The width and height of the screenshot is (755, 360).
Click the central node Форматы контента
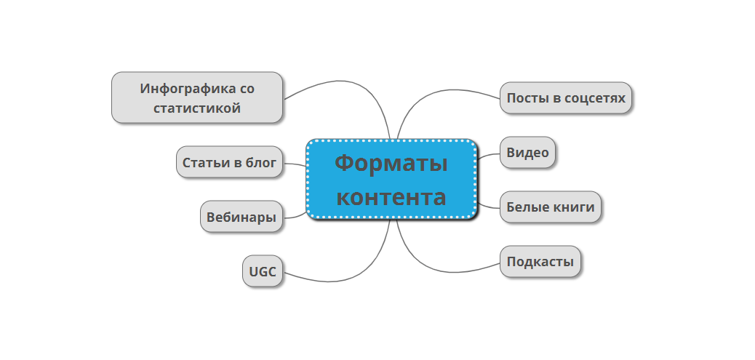pyautogui.click(x=391, y=179)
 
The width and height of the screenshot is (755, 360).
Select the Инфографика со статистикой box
pyautogui.click(x=196, y=97)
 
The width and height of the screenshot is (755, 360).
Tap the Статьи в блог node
pyautogui.click(x=229, y=162)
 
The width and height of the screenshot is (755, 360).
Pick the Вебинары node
pyautogui.click(x=241, y=217)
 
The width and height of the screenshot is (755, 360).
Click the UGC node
pyautogui.click(x=262, y=272)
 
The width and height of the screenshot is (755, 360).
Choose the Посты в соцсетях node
pyautogui.click(x=566, y=97)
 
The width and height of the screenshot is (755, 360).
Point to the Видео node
pyautogui.click(x=527, y=153)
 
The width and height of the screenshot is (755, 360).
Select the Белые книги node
pyautogui.click(x=551, y=207)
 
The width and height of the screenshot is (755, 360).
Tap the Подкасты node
pyautogui.click(x=540, y=262)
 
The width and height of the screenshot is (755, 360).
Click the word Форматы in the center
pyautogui.click(x=391, y=163)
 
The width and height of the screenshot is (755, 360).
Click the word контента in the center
pyautogui.click(x=391, y=197)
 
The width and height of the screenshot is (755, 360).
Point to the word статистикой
pyautogui.click(x=197, y=108)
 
